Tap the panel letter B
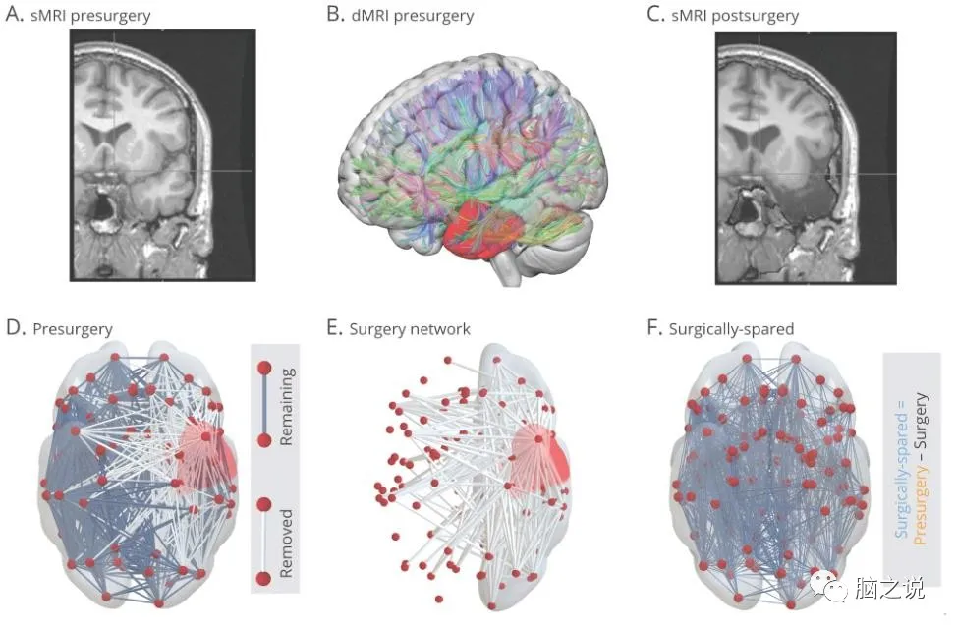[334, 15]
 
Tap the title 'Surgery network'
[409, 329]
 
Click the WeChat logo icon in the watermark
[823, 587]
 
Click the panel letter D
[15, 329]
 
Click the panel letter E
[334, 329]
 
